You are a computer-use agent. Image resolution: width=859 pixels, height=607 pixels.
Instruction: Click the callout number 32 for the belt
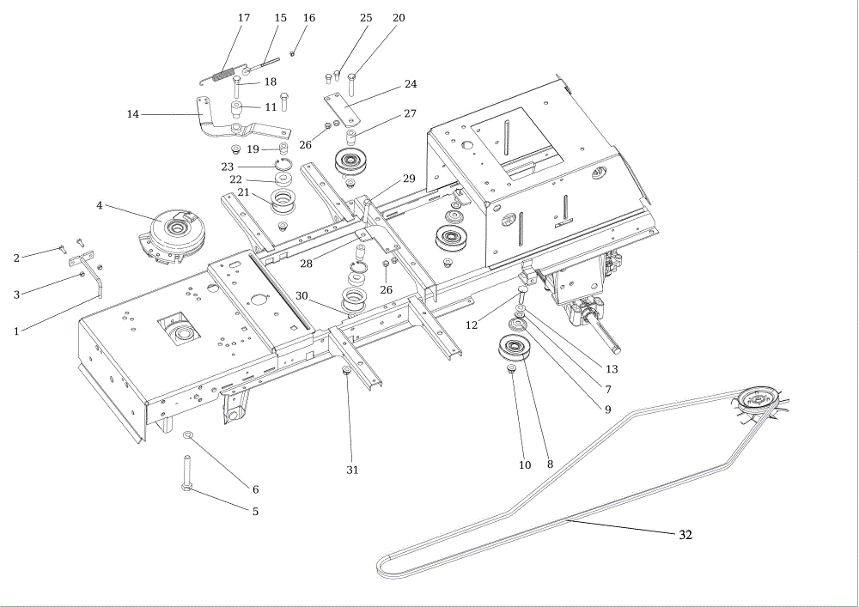point(685,535)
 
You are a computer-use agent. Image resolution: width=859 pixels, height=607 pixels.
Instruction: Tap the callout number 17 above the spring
point(244,17)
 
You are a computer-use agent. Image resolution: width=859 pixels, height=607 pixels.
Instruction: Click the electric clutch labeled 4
point(172,235)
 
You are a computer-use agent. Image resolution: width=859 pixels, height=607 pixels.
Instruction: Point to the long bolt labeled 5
point(186,474)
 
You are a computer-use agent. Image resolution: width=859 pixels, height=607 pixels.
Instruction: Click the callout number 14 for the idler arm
point(132,114)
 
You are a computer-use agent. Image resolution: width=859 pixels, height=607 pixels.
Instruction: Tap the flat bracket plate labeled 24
point(340,109)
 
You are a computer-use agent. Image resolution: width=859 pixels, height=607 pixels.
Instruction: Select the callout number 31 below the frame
point(352,470)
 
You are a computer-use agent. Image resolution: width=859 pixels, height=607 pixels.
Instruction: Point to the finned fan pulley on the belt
point(760,403)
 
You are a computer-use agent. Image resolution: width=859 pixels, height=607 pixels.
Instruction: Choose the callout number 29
point(409,179)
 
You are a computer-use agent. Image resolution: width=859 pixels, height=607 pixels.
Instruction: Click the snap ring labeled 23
point(283,163)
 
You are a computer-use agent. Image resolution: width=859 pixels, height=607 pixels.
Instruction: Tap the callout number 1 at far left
point(16,331)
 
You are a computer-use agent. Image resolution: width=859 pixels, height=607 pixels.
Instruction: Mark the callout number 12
point(471,325)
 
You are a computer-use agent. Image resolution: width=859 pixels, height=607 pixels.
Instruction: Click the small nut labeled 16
point(293,53)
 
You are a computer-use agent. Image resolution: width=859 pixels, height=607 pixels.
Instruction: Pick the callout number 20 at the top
point(399,17)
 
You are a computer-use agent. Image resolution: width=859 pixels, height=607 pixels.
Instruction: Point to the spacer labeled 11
point(237,109)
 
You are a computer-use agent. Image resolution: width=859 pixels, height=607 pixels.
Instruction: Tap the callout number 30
point(302,295)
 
